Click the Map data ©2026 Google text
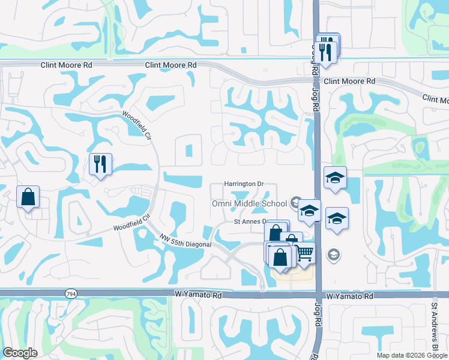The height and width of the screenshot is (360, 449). (x=412, y=355)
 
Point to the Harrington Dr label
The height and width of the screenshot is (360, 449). (x=244, y=184)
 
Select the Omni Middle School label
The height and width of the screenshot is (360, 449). (x=249, y=203)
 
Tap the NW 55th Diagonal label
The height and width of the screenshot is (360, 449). (x=185, y=241)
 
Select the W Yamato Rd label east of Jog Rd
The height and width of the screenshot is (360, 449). (x=350, y=296)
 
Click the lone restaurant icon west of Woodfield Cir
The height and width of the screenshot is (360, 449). (x=100, y=164)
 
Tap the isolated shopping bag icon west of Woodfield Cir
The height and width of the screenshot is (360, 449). (x=28, y=197)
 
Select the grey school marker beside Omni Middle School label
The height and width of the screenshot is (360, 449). (x=295, y=203)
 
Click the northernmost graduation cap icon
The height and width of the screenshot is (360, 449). (x=335, y=178)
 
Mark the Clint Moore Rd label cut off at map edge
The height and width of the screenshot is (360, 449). (x=435, y=98)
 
